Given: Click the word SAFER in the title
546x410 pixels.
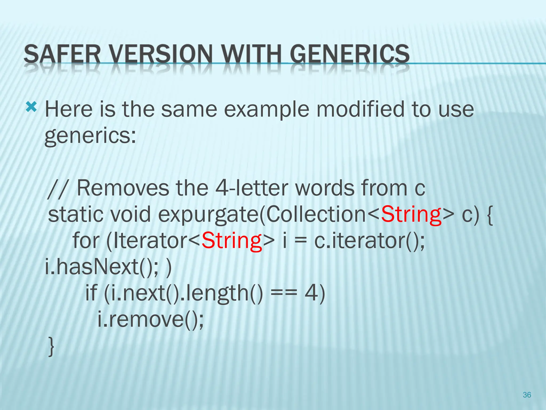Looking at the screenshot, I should [x=62, y=54].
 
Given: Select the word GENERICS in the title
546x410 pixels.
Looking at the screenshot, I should [x=350, y=54].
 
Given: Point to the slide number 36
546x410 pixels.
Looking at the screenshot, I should [x=527, y=395].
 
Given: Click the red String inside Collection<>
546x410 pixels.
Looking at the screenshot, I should [x=411, y=215].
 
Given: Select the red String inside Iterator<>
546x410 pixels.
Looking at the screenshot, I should [x=231, y=241].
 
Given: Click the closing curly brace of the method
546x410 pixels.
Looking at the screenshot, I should [x=51, y=346].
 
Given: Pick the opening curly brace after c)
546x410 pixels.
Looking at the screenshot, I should [x=489, y=215].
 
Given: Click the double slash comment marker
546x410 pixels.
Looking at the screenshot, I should [x=56, y=189].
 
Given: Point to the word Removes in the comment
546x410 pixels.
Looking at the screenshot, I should [x=123, y=188].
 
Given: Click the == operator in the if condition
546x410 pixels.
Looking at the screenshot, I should [x=283, y=293].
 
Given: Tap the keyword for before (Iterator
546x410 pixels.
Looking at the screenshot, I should [x=86, y=241].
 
